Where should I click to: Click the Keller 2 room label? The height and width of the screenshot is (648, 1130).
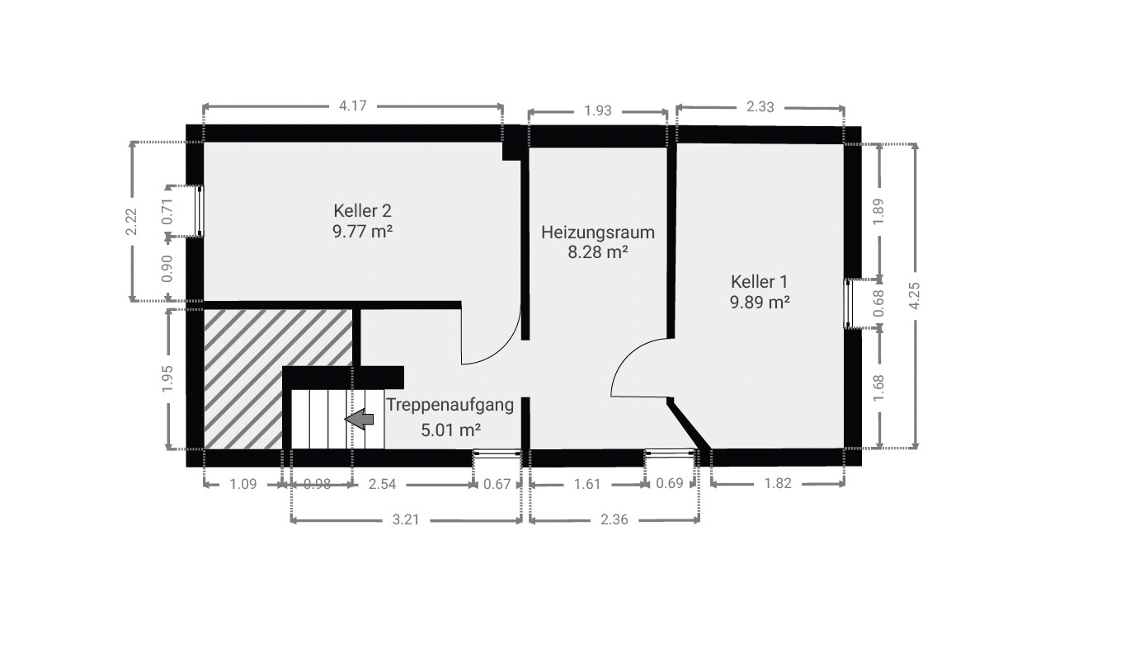[362, 211]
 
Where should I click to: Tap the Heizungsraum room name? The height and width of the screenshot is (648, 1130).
[598, 232]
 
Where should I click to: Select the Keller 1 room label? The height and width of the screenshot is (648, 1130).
[759, 281]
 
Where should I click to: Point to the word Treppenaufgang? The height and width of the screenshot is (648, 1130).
[450, 405]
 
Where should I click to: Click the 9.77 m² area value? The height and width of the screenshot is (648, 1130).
[362, 232]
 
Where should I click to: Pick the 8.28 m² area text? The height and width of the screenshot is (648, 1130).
[598, 252]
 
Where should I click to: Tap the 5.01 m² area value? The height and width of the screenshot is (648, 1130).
[450, 430]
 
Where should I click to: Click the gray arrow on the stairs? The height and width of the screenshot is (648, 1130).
[359, 419]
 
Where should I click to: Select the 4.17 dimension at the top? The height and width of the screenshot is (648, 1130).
[353, 106]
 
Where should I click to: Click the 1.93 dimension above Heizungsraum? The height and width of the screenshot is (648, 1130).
[598, 110]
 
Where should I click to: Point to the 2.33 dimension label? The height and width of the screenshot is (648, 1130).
[760, 107]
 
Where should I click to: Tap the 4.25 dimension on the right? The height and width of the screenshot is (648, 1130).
[914, 295]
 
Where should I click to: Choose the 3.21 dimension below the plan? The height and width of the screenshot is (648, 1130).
[406, 519]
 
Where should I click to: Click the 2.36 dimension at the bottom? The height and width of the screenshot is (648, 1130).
[614, 519]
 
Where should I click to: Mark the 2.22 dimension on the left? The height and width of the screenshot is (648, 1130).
[132, 222]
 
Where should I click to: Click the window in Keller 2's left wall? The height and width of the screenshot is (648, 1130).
[200, 211]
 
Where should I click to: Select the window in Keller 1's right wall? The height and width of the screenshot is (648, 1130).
[848, 304]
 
